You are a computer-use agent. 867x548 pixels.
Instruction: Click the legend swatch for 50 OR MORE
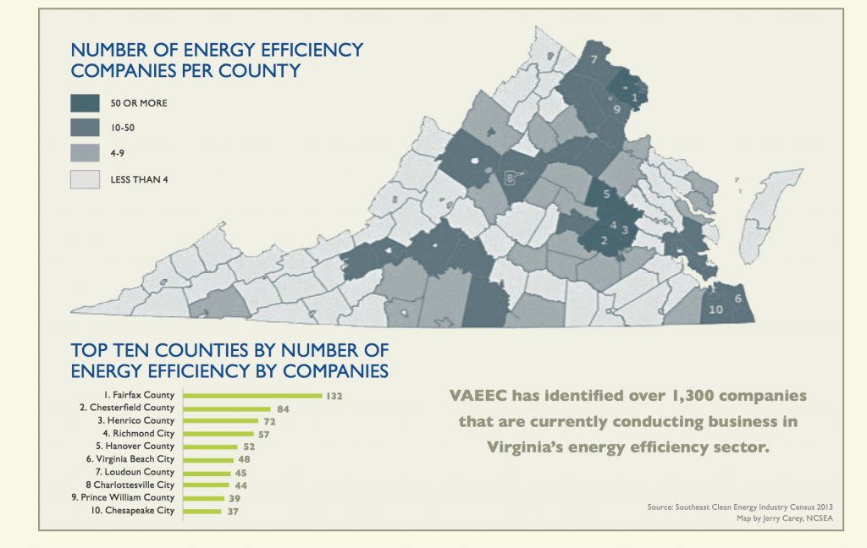pyautogui.click(x=86, y=103)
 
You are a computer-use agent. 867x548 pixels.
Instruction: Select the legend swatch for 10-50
pyautogui.click(x=86, y=129)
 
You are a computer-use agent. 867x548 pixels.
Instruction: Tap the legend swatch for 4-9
pyautogui.click(x=86, y=154)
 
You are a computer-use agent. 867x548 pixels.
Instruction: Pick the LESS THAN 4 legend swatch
pyautogui.click(x=86, y=179)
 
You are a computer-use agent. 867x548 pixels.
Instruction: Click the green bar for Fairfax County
pyautogui.click(x=251, y=395)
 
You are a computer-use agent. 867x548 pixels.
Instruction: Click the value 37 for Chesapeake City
pyautogui.click(x=233, y=511)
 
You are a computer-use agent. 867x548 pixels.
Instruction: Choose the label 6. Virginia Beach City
pyautogui.click(x=133, y=459)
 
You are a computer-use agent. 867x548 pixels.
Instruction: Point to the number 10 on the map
pyautogui.click(x=715, y=310)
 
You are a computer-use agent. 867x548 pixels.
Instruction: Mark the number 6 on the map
pyautogui.click(x=738, y=299)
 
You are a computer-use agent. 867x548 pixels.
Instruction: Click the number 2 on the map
pyautogui.click(x=604, y=240)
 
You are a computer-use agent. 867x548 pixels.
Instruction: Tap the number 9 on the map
pyautogui.click(x=617, y=109)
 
